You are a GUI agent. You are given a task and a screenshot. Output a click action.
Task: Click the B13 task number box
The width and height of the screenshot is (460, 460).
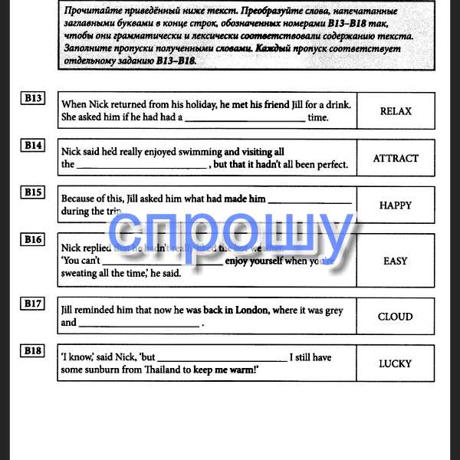click(33, 98)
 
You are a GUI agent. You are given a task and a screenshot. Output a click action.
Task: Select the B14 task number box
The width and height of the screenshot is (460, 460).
click(33, 145)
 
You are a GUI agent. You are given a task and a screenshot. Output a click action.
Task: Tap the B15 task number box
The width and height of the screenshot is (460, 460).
click(33, 192)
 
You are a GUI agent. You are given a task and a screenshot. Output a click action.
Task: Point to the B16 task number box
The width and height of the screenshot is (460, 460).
click(33, 240)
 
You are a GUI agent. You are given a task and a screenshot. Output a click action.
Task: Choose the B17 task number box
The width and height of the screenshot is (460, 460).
click(33, 304)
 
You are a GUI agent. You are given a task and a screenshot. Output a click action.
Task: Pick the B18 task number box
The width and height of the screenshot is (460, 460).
click(33, 350)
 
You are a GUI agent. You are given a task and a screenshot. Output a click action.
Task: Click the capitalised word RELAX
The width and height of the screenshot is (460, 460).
click(396, 111)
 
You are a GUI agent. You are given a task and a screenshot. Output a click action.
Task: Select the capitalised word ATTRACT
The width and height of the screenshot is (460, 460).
click(396, 159)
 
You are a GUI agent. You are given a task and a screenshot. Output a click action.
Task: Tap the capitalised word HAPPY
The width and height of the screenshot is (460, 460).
click(396, 205)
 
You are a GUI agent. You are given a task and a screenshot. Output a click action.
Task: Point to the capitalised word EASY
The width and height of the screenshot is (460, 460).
click(396, 261)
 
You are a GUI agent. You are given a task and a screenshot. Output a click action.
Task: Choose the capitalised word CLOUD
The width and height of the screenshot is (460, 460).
click(396, 317)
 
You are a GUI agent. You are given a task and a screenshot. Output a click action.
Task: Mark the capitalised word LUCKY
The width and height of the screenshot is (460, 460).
click(396, 363)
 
